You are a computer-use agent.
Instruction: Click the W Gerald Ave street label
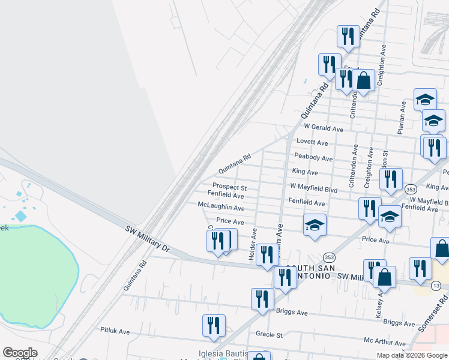click(x=323, y=128)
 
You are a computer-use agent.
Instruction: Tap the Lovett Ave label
click(x=313, y=143)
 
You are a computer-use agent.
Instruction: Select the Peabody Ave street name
click(x=313, y=158)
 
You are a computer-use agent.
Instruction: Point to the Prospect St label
click(x=230, y=187)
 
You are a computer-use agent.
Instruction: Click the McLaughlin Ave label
click(x=221, y=208)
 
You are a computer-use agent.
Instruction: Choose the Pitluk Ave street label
click(x=115, y=331)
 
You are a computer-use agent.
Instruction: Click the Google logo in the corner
click(x=20, y=353)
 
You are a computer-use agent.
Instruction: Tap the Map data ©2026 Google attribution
click(x=412, y=355)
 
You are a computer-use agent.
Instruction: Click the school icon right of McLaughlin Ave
click(x=315, y=225)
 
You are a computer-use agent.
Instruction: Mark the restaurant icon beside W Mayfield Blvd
click(x=391, y=179)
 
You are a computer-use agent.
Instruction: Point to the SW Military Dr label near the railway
click(x=148, y=238)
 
